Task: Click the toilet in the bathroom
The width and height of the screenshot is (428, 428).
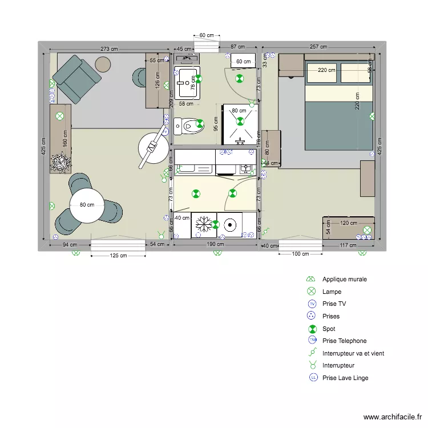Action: point(189,125)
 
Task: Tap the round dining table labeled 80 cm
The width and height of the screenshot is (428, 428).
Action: point(87,205)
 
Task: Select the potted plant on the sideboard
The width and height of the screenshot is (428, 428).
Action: point(60,163)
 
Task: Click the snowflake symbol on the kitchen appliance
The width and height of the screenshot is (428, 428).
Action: point(201,225)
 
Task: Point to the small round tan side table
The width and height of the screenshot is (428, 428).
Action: point(103,64)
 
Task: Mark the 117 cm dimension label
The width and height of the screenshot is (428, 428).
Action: point(348,245)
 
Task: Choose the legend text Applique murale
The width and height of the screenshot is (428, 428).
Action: point(344,280)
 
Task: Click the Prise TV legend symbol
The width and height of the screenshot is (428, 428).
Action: point(312,304)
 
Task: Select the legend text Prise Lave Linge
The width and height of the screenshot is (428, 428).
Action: point(345,378)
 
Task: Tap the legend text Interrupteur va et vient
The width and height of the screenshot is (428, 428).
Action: point(353,353)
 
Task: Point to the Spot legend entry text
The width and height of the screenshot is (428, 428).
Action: point(329,329)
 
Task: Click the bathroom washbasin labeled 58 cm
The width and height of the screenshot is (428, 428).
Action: point(187,83)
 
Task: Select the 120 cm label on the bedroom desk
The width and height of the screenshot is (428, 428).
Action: point(348,223)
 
